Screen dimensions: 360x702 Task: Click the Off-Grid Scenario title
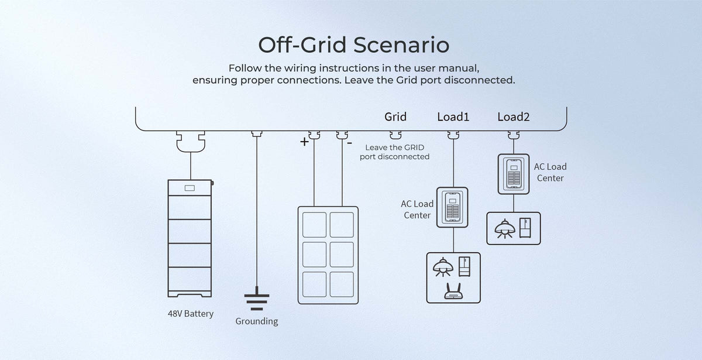click(x=353, y=44)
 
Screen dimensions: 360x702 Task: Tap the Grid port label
click(x=395, y=116)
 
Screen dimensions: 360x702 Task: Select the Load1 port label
click(x=453, y=116)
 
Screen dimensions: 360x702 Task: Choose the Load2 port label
click(x=513, y=116)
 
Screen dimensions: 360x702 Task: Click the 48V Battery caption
click(x=191, y=314)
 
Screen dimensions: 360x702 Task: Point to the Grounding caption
click(x=256, y=321)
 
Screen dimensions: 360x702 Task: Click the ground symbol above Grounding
click(x=256, y=301)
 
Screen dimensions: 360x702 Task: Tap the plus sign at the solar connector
click(x=304, y=142)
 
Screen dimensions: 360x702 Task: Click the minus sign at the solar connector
click(x=349, y=142)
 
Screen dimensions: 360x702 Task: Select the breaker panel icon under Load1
click(x=453, y=206)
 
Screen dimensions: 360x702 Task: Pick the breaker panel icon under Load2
click(x=514, y=173)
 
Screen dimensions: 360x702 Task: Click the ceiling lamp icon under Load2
click(x=503, y=228)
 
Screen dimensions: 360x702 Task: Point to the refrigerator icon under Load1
click(x=465, y=266)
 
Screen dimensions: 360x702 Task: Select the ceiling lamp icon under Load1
click(x=442, y=267)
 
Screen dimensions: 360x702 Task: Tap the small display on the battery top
click(x=190, y=188)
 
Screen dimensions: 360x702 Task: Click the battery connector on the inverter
click(x=190, y=140)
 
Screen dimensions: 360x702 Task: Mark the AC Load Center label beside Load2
click(x=550, y=172)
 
